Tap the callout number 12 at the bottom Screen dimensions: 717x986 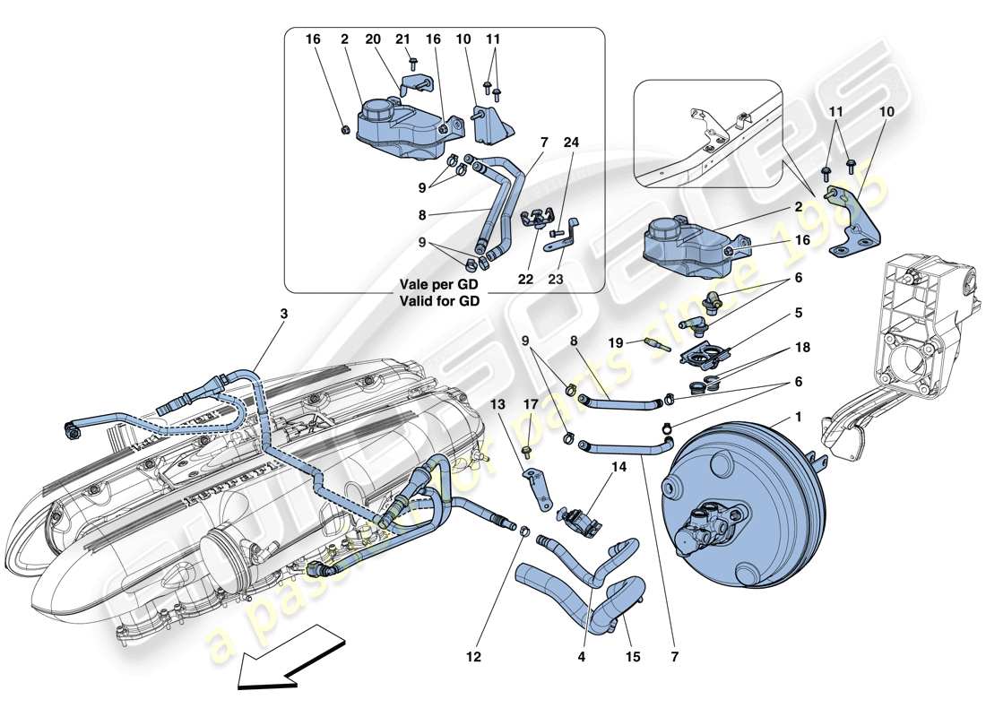473,657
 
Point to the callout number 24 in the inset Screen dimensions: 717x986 571,141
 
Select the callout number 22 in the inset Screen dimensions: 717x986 525,280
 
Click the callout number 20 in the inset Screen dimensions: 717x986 373,40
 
